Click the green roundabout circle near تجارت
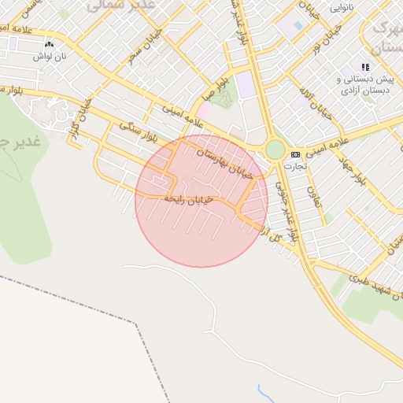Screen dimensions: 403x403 point(275,149)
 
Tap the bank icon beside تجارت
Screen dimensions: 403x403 point(295,154)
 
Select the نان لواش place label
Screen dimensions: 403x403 point(49,57)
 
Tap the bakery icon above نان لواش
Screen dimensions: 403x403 point(49,46)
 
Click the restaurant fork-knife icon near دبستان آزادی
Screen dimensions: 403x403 point(364,67)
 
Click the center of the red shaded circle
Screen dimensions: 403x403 point(201,201)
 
